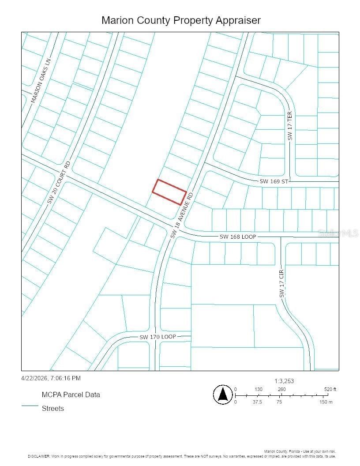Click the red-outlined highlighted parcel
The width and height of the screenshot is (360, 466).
(169, 192)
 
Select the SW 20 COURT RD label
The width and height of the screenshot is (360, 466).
(59, 182)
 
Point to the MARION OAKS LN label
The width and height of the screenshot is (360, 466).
(41, 81)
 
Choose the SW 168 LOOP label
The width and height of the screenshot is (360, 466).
(238, 237)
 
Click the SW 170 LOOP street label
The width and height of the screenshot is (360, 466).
(157, 337)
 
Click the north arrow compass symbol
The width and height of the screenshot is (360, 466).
(223, 394)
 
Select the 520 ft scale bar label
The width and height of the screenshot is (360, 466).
(330, 389)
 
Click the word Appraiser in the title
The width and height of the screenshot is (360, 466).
(239, 20)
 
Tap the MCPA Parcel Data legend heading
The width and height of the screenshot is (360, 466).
(71, 395)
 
